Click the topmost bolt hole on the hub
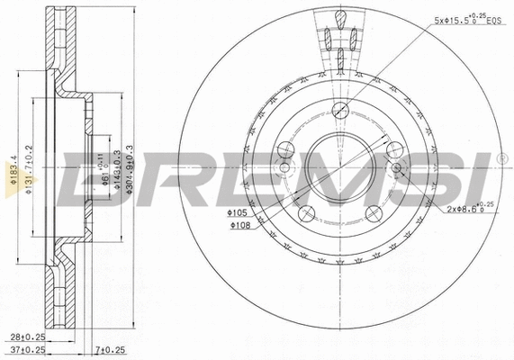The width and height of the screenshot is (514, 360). pos(340,111)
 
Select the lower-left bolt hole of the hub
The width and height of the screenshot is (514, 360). pos(306,213)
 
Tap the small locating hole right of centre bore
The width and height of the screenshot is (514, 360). pos(396,168)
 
